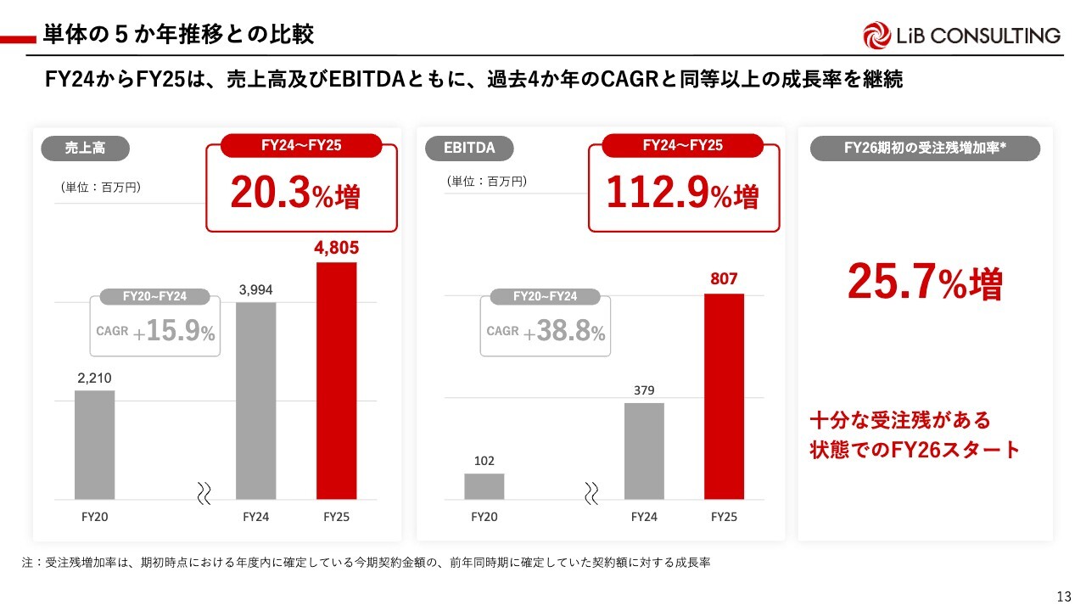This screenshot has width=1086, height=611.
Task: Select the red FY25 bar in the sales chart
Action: tap(336, 380)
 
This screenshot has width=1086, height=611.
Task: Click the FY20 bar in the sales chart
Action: tap(94, 445)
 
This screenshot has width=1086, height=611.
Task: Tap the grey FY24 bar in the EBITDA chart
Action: tap(644, 451)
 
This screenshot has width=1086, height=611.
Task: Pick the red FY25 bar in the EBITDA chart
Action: tap(724, 396)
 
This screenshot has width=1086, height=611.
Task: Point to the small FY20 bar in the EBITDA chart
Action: tap(484, 486)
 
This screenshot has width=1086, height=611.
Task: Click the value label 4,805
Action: tap(336, 249)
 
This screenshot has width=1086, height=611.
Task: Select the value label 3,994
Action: tap(255, 290)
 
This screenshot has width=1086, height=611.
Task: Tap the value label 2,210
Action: tap(94, 378)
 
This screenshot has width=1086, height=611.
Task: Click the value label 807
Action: tap(724, 279)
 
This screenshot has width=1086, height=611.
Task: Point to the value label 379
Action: tap(644, 390)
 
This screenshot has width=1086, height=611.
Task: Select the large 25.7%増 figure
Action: tap(925, 283)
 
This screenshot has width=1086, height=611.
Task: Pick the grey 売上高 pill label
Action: tap(85, 149)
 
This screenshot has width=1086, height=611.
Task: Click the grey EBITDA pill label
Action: tap(468, 149)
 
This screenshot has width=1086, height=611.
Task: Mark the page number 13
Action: tap(1065, 595)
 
